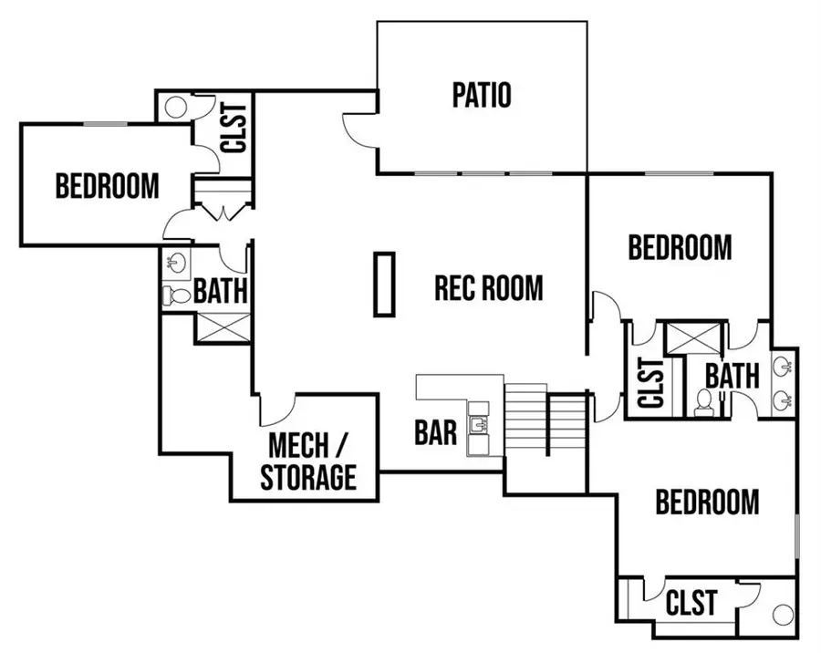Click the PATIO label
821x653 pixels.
click(x=482, y=95)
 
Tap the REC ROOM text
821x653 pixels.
click(x=488, y=288)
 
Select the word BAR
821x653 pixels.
click(x=435, y=431)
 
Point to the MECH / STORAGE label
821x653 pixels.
click(x=307, y=462)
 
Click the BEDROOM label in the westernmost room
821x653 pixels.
click(x=107, y=186)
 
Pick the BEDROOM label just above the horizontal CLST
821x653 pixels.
click(x=708, y=502)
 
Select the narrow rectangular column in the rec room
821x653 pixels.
click(x=384, y=285)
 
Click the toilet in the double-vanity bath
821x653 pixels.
click(x=703, y=402)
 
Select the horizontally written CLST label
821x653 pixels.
click(x=691, y=603)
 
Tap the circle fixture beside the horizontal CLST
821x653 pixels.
click(x=783, y=613)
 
